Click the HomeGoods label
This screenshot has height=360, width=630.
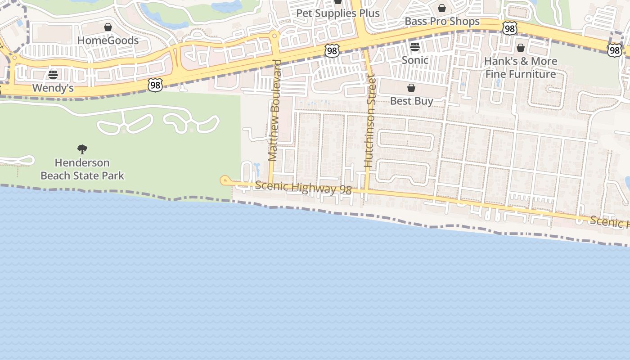[x=108, y=40]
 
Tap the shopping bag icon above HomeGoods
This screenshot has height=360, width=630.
[x=108, y=27]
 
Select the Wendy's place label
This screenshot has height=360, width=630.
[x=53, y=88]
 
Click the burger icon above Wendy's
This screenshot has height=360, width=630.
[x=53, y=74]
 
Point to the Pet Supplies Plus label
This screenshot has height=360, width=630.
[x=338, y=13]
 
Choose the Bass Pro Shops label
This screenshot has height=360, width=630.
[x=442, y=21]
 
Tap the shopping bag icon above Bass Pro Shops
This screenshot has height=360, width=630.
[x=442, y=8]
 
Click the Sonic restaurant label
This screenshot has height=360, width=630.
[x=415, y=60]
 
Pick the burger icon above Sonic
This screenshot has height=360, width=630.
[x=415, y=47]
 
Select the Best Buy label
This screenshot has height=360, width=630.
[x=411, y=101]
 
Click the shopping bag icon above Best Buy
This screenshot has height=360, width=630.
[x=411, y=88]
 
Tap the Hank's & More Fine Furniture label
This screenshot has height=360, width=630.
[x=521, y=67]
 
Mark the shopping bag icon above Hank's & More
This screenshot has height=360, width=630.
[x=521, y=48]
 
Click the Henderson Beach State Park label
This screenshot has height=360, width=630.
[x=82, y=169]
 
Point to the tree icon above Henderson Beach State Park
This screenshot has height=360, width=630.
[x=82, y=149]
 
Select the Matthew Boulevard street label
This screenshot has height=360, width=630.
[x=274, y=110]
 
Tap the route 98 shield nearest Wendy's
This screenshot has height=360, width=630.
[x=155, y=85]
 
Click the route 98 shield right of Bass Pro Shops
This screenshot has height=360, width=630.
[x=509, y=29]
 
